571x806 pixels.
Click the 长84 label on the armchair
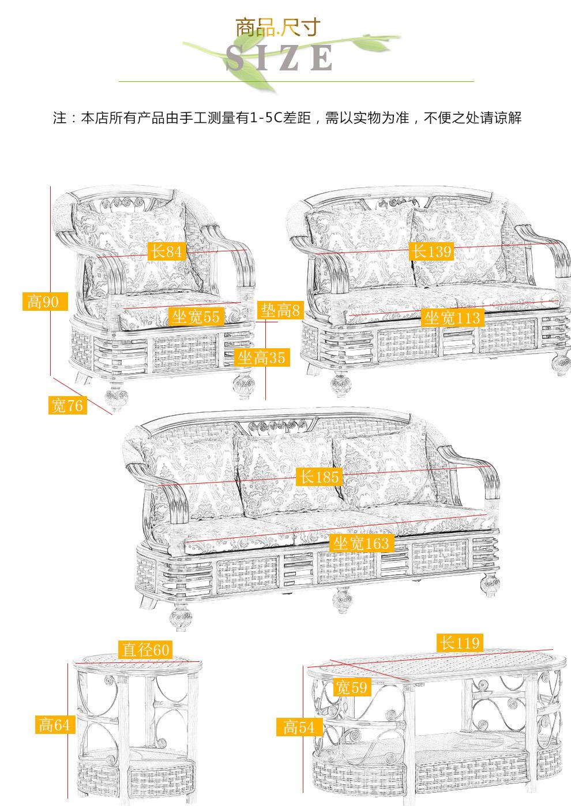(x=167, y=251)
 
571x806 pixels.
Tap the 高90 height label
(x=45, y=302)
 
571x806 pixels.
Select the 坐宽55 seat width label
(x=196, y=317)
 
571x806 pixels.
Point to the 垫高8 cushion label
(x=280, y=310)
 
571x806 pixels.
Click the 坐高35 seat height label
(x=262, y=357)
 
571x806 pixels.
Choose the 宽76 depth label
(x=67, y=405)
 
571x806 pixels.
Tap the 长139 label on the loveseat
(x=431, y=251)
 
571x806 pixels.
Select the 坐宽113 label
(x=452, y=318)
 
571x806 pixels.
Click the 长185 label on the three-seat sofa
(x=320, y=477)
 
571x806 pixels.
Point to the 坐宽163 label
(x=360, y=543)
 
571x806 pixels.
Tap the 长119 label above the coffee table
(x=460, y=643)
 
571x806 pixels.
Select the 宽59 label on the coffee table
(x=352, y=687)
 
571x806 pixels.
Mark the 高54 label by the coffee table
(x=299, y=726)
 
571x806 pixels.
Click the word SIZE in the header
(x=279, y=58)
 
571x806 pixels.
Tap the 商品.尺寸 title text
(x=278, y=27)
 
